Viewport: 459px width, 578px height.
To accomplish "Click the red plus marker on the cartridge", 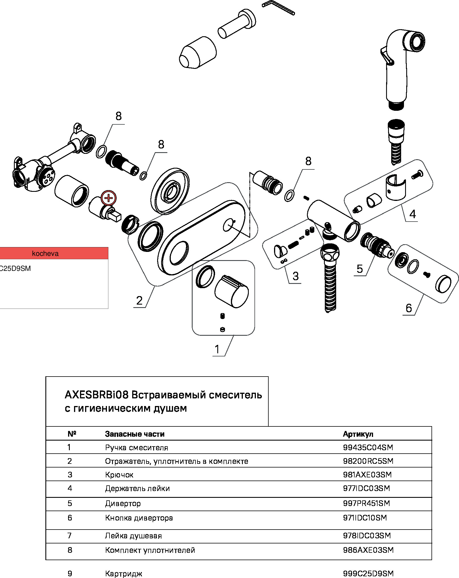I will (x=109, y=198).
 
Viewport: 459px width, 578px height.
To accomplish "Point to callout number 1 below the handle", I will (x=217, y=349).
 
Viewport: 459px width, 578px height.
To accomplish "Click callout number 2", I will (x=139, y=300).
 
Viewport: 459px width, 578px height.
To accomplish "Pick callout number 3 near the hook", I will (x=296, y=276).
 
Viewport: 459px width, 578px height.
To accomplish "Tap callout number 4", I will (x=412, y=214).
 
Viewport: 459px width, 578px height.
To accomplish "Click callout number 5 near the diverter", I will (x=360, y=269).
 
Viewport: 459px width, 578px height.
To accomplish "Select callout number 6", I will (x=409, y=308).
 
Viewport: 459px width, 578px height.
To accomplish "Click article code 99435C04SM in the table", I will (x=368, y=447).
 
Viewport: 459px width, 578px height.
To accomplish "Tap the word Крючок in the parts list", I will (x=119, y=475).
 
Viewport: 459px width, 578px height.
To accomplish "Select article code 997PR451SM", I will (x=367, y=503).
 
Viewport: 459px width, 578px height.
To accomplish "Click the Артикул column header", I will (x=358, y=434).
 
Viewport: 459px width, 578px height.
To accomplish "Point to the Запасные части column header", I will (x=135, y=434).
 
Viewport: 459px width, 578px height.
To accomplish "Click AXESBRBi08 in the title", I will (x=96, y=395).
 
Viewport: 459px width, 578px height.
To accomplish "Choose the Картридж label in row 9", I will (x=124, y=574).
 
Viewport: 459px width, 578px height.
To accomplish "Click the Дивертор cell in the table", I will (x=123, y=503).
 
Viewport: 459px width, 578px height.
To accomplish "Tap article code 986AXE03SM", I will (x=368, y=550).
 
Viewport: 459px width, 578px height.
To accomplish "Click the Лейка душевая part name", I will (x=133, y=536).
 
